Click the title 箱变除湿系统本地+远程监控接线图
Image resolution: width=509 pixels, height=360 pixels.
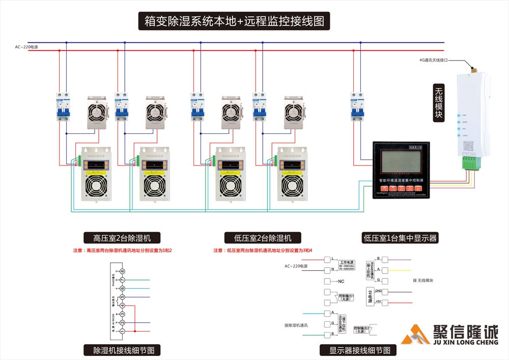[234, 21]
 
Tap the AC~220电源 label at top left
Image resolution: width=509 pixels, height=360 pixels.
[26, 47]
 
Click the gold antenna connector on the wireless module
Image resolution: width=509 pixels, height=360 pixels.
[472, 67]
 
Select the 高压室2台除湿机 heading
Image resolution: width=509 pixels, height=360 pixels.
[122, 238]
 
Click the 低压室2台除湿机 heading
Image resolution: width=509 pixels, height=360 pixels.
[263, 238]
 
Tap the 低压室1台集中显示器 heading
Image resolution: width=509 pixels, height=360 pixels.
[400, 238]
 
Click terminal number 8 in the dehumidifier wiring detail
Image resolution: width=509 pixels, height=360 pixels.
[122, 271]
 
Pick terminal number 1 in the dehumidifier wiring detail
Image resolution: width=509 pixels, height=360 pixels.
[122, 331]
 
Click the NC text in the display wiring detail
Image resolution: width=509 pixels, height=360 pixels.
[341, 281]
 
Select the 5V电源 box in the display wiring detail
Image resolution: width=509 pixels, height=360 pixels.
[370, 296]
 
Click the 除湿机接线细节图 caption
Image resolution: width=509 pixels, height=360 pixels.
[122, 350]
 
